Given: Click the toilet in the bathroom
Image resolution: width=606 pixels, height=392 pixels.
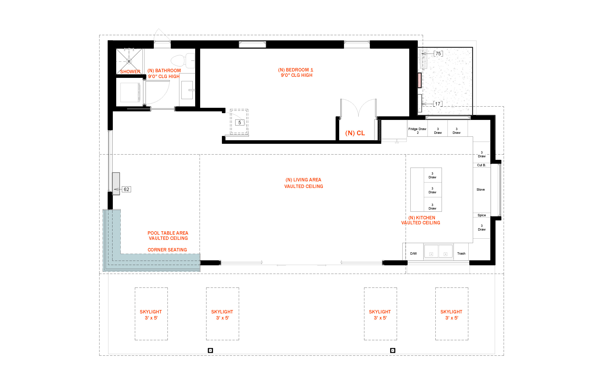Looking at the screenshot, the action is (x=183, y=61).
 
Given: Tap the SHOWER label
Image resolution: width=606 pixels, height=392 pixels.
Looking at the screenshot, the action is (x=130, y=72).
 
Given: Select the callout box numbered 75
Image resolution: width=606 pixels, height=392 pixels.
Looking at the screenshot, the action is (x=438, y=54).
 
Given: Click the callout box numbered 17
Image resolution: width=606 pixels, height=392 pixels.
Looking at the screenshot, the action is (x=438, y=104).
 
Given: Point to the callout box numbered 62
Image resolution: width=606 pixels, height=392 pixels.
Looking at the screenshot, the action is (x=126, y=189).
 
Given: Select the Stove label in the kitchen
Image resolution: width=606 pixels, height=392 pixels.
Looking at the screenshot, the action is (x=481, y=190).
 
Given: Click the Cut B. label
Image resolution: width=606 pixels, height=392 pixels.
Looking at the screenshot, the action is (x=481, y=165).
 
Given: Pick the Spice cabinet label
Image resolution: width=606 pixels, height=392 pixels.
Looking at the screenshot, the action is (x=481, y=215).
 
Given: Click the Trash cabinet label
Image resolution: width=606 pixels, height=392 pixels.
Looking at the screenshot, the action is (x=461, y=254).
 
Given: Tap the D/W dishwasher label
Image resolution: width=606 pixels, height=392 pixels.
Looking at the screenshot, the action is (x=414, y=254).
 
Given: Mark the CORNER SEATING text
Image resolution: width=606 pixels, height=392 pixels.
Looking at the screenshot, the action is (x=167, y=250).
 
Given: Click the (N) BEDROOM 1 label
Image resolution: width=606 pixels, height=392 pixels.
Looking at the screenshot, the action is (x=296, y=70).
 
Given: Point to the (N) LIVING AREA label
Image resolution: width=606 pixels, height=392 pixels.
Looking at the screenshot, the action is (x=304, y=180).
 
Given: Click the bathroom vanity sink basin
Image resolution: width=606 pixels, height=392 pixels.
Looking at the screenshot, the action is (x=187, y=90).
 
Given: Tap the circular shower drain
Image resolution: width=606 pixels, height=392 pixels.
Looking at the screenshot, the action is (x=129, y=61).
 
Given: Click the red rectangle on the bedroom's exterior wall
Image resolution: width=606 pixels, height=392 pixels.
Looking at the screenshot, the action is (x=419, y=80).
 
